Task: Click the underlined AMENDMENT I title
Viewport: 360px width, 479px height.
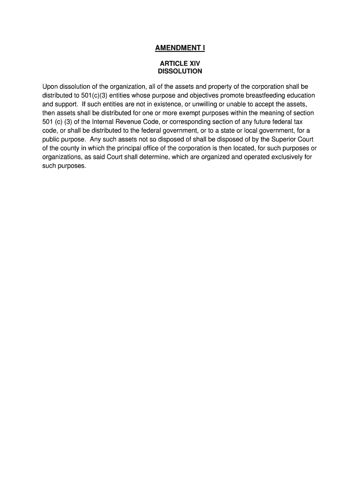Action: pos(180,48)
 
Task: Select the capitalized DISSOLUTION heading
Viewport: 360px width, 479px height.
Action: pos(180,72)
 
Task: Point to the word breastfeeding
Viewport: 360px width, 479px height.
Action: pos(256,95)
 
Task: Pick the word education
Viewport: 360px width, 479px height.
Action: pos(295,95)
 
